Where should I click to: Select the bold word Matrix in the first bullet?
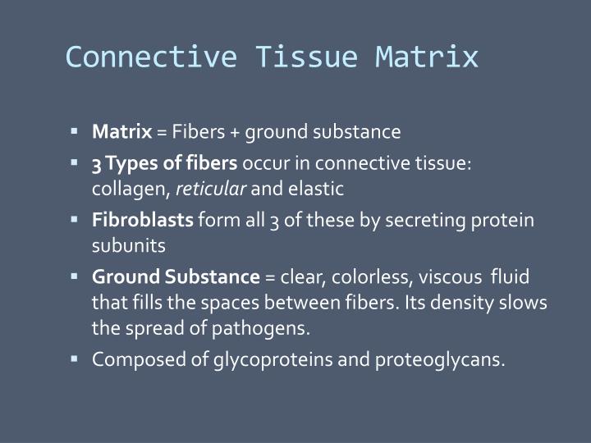[121, 131]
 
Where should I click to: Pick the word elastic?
[315, 189]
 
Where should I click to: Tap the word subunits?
[128, 245]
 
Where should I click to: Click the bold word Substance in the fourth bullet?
[218, 276]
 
